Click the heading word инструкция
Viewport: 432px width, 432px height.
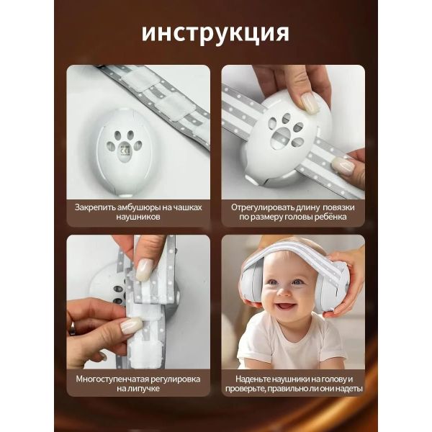pos(215,34)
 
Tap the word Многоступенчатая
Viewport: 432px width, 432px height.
pos(112,379)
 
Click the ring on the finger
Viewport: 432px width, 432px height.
pos(72,328)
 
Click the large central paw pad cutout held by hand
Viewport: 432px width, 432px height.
pos(280,136)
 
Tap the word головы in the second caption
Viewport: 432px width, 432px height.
pos(298,217)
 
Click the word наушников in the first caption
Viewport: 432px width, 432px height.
pos(138,217)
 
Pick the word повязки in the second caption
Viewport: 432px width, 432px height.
pos(338,207)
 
